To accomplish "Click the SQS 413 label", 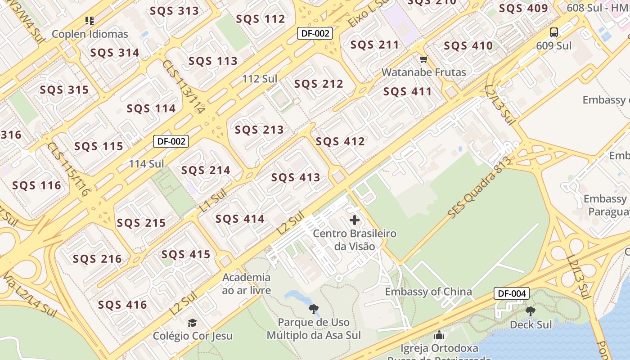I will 296,177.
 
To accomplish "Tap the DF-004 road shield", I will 511,293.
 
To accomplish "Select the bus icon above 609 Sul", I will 554,32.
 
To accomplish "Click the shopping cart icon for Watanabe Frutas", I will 423,59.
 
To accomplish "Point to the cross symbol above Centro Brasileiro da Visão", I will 355,220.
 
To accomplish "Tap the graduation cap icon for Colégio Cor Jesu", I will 192,323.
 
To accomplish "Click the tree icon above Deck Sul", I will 531,311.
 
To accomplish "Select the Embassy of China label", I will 428,292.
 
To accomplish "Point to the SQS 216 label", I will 97,259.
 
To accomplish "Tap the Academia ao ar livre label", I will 247,283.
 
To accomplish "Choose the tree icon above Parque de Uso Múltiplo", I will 314,309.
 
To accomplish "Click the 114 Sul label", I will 147,164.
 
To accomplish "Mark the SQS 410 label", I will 468,45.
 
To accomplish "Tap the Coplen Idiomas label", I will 90,34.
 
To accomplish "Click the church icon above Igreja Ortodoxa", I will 439,335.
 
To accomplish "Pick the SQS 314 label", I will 115,53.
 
